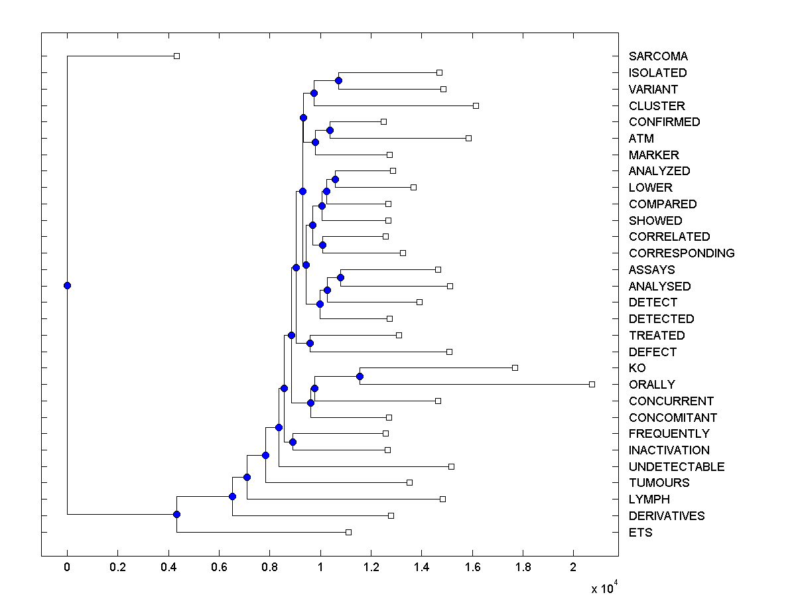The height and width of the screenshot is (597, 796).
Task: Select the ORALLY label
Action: point(651,385)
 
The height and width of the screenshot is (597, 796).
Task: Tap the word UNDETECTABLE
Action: point(676,467)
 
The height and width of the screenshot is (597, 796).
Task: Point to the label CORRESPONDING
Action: point(681,253)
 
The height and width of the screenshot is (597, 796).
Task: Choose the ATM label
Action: point(641,139)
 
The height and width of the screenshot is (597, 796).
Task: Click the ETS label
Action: point(640,533)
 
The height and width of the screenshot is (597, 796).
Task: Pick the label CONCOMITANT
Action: point(673,418)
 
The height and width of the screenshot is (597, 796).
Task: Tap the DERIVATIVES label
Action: point(667,516)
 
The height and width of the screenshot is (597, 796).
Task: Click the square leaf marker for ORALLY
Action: point(592,384)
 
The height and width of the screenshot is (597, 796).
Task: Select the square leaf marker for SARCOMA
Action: point(176,56)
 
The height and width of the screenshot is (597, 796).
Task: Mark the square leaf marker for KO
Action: point(515,367)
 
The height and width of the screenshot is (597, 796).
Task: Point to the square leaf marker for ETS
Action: point(348,532)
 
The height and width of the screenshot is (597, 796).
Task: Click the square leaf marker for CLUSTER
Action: point(476,105)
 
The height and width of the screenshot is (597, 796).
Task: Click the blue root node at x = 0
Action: point(67,285)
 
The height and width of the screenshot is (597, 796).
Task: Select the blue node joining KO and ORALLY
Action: point(360,376)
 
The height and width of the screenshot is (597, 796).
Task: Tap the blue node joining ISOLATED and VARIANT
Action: point(338,80)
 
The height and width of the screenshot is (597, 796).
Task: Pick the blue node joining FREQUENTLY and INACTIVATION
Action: point(293,442)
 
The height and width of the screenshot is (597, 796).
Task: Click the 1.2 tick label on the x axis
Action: point(371,568)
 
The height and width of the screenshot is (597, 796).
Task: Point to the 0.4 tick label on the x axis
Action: point(168,568)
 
